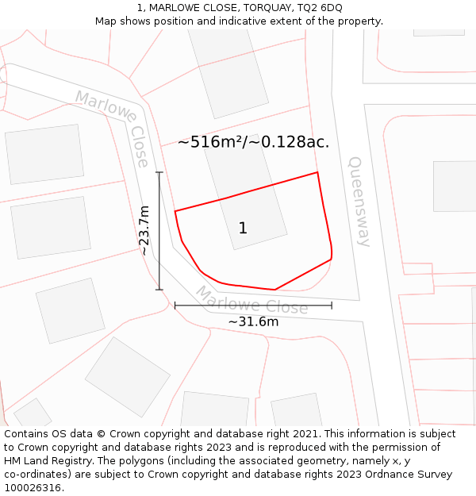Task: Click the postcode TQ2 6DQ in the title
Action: pyautogui.click(x=321, y=8)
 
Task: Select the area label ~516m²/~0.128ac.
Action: pyautogui.click(x=253, y=142)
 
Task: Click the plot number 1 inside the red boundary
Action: pyautogui.click(x=243, y=229)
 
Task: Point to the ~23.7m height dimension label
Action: pyautogui.click(x=144, y=230)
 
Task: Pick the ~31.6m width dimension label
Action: pyautogui.click(x=253, y=322)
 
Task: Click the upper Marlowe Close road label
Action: pyautogui.click(x=113, y=128)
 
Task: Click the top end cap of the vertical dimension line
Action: pyautogui.click(x=159, y=172)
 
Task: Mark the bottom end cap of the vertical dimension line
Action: pyautogui.click(x=159, y=290)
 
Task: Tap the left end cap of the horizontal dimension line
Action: pyautogui.click(x=175, y=305)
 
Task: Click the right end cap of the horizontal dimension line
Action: pyautogui.click(x=332, y=305)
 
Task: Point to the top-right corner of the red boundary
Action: pyautogui.click(x=317, y=172)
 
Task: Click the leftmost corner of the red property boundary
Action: pyautogui.click(x=175, y=211)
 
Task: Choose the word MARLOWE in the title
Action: pyautogui.click(x=179, y=8)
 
